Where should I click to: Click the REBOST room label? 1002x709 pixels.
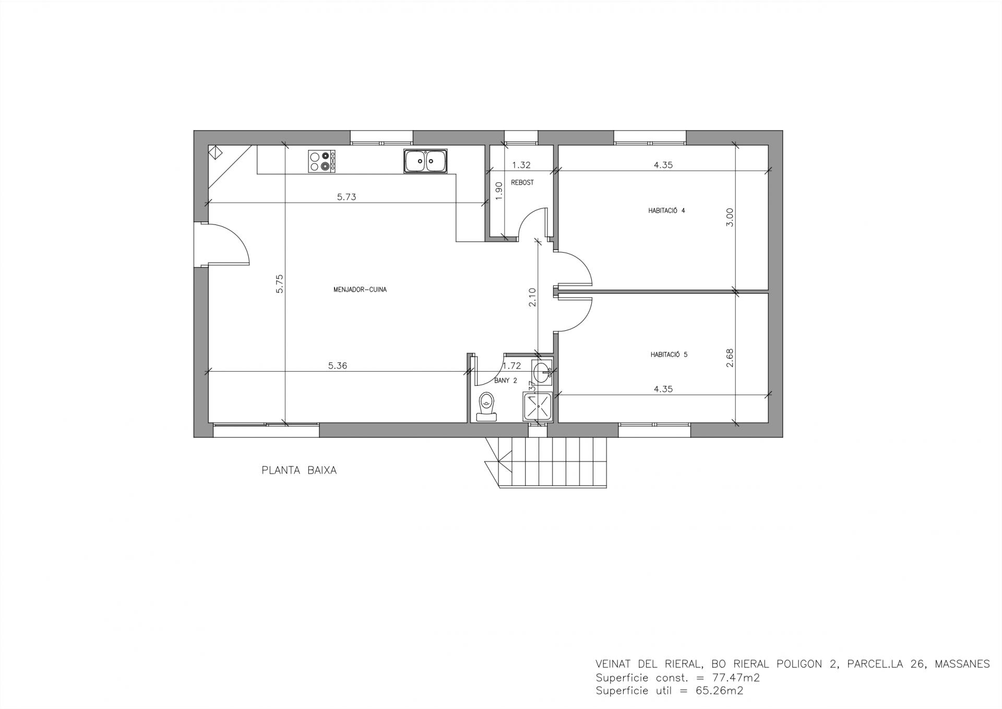522,183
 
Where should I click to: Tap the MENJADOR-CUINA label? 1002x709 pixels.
360,289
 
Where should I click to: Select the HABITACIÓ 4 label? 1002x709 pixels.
666,211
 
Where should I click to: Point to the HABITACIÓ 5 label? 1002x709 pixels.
669,354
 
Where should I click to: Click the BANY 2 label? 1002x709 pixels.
505,381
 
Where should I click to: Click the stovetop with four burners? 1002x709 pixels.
321,161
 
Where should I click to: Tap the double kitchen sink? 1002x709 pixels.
425,161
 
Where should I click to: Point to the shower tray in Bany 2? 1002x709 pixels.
538,407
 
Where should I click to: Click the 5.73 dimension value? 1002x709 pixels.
347,197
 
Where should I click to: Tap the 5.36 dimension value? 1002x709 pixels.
338,365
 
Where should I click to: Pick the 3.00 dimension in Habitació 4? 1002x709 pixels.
730,217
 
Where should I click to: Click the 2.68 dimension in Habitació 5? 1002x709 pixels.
730,358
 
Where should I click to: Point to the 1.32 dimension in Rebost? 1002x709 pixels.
521,165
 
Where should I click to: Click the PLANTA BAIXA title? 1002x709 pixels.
299,470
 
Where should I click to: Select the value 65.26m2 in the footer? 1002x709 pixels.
720,691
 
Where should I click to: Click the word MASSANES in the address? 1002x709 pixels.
962,665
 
